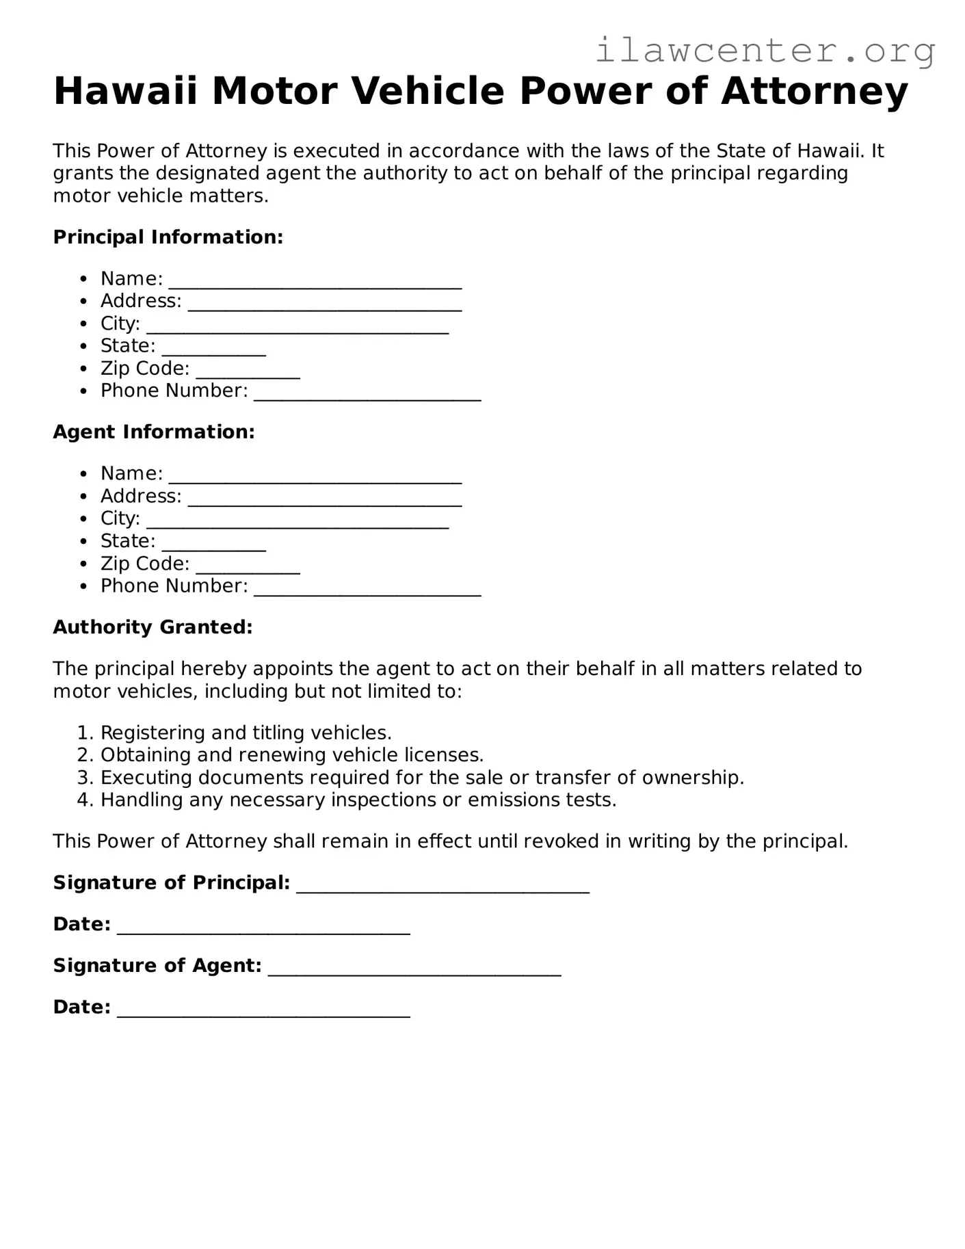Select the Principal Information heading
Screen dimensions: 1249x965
(168, 237)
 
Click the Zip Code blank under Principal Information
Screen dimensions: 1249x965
(248, 371)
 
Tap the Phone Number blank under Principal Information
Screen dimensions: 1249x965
(367, 394)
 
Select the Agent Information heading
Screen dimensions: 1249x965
(154, 432)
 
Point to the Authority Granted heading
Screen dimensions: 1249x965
(153, 627)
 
